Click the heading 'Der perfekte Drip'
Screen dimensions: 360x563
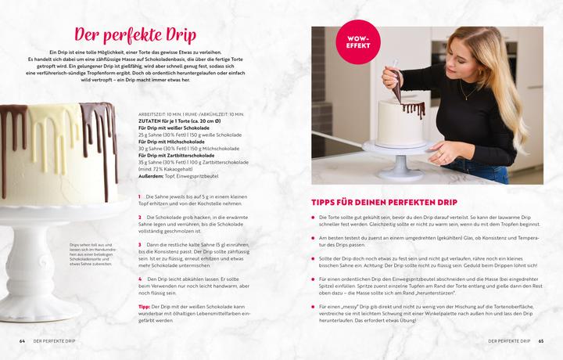tap(134, 36)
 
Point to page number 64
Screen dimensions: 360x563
tap(23, 341)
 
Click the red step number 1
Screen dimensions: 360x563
tap(139, 196)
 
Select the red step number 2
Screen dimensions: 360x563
tap(139, 217)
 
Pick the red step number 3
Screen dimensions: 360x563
tap(139, 245)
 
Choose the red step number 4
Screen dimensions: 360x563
tap(139, 279)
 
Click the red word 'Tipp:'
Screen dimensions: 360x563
tap(144, 307)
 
